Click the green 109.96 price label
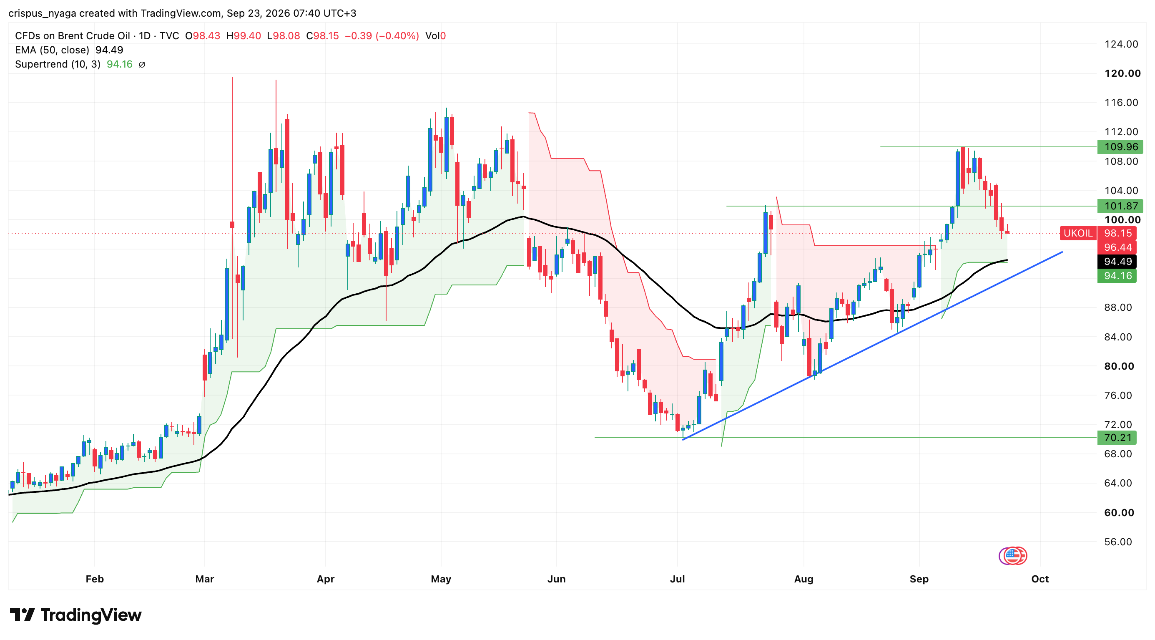coord(1120,147)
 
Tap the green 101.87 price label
coord(1120,206)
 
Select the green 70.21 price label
coord(1117,437)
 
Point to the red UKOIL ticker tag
coord(1078,233)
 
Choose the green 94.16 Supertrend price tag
coord(1117,276)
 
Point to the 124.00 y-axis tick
coord(1121,44)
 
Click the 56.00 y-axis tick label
coord(1118,542)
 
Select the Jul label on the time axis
coord(677,579)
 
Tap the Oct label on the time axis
coord(1040,579)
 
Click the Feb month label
coord(95,579)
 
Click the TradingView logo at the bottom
coord(75,615)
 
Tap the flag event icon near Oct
coord(1012,556)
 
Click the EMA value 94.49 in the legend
coord(109,50)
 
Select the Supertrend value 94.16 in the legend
coord(119,64)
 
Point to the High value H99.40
coord(244,36)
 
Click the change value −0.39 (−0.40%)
coord(382,36)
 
